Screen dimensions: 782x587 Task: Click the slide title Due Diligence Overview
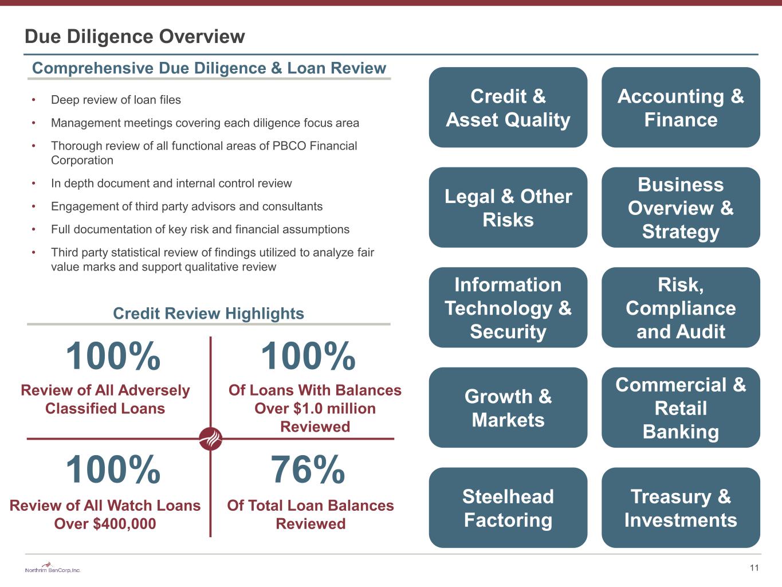135,36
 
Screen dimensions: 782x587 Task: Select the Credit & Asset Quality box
508,107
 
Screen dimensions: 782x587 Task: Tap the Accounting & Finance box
681,107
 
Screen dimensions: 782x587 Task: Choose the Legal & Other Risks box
508,208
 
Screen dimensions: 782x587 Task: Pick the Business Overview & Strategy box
681,208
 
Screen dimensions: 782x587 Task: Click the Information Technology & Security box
508,308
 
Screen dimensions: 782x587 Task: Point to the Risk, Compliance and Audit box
681,308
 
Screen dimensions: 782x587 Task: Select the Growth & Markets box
508,408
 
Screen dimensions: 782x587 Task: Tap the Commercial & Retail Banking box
681,408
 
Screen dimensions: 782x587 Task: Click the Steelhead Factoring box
508,508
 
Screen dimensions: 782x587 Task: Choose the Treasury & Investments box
681,508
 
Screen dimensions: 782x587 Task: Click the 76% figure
308,469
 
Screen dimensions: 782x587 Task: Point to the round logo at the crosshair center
211,439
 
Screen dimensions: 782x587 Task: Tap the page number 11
754,568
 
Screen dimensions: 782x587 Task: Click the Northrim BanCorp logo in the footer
53,568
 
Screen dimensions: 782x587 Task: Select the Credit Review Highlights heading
209,314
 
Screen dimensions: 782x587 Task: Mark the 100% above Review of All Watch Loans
113,469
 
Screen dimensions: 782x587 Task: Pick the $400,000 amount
124,524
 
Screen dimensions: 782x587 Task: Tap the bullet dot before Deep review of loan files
33,100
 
